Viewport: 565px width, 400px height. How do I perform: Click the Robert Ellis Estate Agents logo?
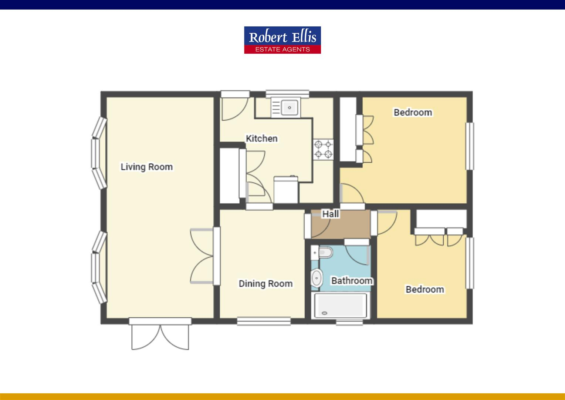click(282, 40)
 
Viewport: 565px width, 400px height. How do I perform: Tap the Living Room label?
click(146, 167)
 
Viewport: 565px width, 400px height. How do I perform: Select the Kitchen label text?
click(261, 139)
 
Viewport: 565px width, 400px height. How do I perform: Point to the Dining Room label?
click(265, 284)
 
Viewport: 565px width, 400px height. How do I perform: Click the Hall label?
click(330, 214)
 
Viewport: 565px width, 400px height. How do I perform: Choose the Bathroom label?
click(352, 281)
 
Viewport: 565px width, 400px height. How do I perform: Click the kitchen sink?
click(290, 108)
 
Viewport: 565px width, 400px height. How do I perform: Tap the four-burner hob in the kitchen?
click(323, 149)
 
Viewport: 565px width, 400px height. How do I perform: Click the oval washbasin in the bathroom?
click(316, 278)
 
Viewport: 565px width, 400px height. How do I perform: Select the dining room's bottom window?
click(264, 321)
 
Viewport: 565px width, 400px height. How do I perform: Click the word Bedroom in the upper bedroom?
click(413, 112)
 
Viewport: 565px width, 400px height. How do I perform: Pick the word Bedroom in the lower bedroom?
click(424, 289)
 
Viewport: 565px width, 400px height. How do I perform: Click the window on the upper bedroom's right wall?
click(470, 146)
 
